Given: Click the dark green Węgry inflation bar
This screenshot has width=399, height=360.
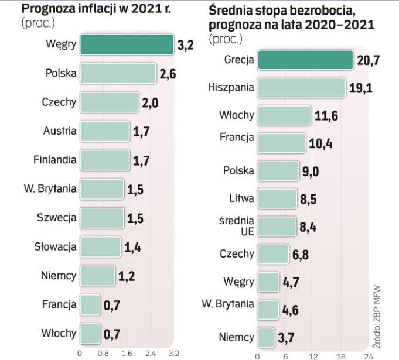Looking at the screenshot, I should click(x=127, y=45).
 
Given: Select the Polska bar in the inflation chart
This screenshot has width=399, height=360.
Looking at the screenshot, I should click(x=118, y=73).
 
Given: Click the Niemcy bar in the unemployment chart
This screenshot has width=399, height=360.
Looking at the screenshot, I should click(x=266, y=337).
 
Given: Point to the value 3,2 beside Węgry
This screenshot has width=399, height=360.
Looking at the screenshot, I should click(x=185, y=46).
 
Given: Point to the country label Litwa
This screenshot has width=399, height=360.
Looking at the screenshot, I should click(x=241, y=198).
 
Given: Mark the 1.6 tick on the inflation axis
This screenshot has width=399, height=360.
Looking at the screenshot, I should click(x=126, y=354).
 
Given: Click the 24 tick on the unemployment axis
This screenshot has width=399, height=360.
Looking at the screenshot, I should click(x=368, y=355).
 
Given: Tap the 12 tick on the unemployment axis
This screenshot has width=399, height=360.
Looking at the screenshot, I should click(x=313, y=355).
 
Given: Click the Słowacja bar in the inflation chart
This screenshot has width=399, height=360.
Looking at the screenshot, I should click(x=100, y=246).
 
